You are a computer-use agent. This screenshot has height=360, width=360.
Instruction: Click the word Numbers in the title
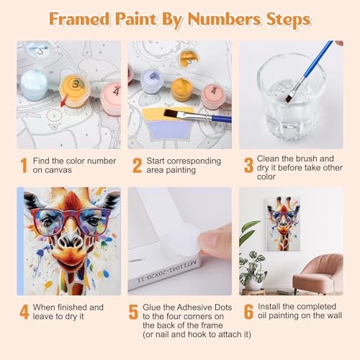[224, 19]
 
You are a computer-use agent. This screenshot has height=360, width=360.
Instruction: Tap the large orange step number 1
[24, 166]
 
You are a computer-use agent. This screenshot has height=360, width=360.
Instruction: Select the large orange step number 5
[133, 312]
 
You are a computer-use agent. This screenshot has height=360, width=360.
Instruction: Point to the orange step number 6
[248, 312]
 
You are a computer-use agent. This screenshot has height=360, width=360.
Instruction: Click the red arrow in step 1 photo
[65, 100]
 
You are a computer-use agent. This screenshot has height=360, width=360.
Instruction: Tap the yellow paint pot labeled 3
[75, 91]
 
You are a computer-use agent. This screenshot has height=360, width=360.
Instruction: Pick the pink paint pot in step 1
[111, 99]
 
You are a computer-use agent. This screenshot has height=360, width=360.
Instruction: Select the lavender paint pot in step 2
[151, 81]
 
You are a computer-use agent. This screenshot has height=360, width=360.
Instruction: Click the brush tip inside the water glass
[289, 97]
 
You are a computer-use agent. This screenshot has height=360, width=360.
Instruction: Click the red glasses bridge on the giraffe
[71, 215]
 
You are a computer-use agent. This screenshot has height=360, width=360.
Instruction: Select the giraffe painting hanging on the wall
[284, 224]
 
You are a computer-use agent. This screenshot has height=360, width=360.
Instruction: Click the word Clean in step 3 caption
[268, 158]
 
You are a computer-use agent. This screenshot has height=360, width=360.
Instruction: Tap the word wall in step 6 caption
[335, 315]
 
